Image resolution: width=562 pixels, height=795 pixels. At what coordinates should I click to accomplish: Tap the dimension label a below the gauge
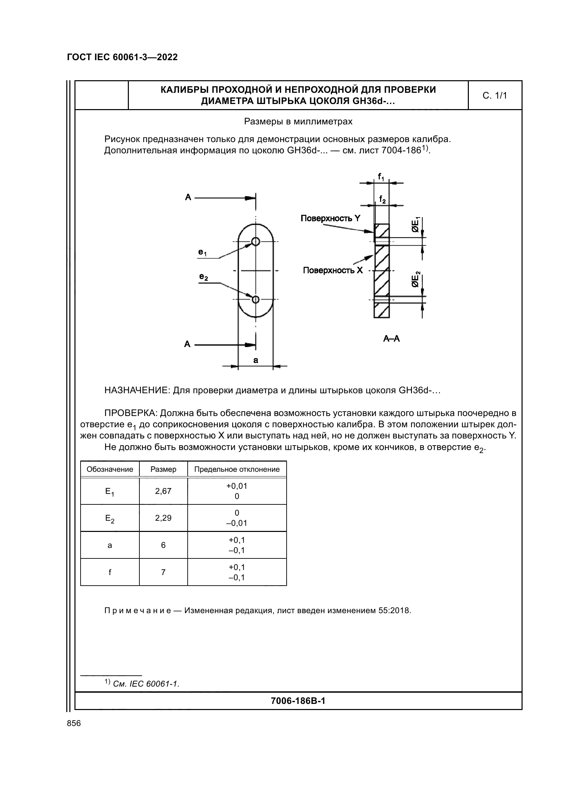click(x=256, y=360)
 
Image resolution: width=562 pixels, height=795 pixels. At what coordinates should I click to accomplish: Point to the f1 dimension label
click(x=381, y=177)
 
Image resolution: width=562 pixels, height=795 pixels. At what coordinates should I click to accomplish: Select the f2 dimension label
click(x=382, y=199)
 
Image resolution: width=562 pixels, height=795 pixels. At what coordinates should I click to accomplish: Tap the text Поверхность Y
click(x=330, y=218)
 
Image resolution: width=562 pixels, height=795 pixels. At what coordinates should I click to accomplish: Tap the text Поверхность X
click(x=333, y=270)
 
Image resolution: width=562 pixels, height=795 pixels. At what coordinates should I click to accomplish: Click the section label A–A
click(x=391, y=339)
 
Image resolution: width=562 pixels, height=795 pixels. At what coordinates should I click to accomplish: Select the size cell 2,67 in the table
click(x=163, y=491)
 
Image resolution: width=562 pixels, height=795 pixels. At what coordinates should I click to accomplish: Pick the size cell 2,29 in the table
click(x=163, y=518)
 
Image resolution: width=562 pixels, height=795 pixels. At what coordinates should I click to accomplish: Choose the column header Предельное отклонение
click(x=237, y=469)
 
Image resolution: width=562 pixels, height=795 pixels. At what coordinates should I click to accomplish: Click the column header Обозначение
click(x=110, y=469)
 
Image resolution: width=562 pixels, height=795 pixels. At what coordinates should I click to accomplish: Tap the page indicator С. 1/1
click(x=495, y=96)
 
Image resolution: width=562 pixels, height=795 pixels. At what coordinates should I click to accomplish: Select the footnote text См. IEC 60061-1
click(x=146, y=684)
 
